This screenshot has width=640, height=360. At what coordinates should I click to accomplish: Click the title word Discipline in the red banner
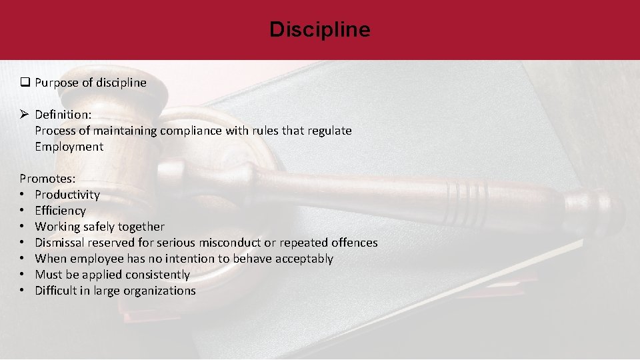[320, 30]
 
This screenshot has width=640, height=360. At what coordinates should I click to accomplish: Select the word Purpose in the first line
[56, 83]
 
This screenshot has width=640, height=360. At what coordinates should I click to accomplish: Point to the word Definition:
[63, 115]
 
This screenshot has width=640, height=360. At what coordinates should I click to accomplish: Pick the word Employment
[69, 147]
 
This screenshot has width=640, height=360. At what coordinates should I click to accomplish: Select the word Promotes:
[47, 179]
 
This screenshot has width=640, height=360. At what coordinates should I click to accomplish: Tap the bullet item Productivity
[67, 195]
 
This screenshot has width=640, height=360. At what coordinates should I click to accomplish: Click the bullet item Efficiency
[60, 211]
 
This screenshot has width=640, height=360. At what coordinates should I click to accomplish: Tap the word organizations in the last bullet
[159, 291]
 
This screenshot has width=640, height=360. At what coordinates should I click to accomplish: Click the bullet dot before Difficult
[23, 291]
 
